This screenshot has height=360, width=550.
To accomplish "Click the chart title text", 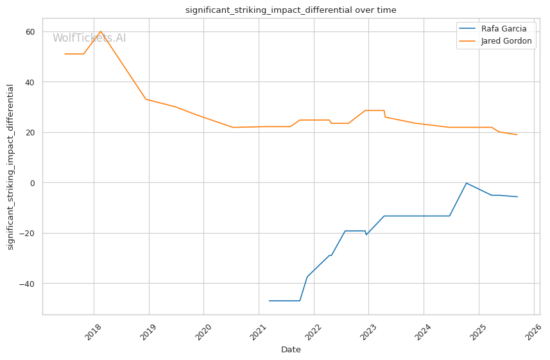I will [x=291, y=10].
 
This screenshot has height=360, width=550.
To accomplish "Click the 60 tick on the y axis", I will [x=30, y=31].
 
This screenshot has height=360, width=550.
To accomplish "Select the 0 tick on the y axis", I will [x=33, y=183].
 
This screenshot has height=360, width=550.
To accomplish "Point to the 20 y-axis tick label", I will [x=30, y=132].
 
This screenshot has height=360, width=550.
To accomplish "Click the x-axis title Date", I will [x=291, y=350].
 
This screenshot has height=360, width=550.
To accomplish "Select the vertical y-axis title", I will [x=10, y=166].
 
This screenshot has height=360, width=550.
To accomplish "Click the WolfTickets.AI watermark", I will [x=89, y=39].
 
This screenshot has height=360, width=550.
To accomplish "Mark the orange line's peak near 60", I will [x=100, y=31].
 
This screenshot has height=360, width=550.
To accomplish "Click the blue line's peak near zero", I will [x=467, y=183].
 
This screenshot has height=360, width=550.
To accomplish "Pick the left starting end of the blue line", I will [x=270, y=300].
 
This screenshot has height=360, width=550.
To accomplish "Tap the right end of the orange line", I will [x=517, y=135].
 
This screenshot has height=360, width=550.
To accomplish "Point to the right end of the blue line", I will [x=517, y=196].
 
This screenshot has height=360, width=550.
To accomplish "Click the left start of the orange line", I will [x=65, y=54].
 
